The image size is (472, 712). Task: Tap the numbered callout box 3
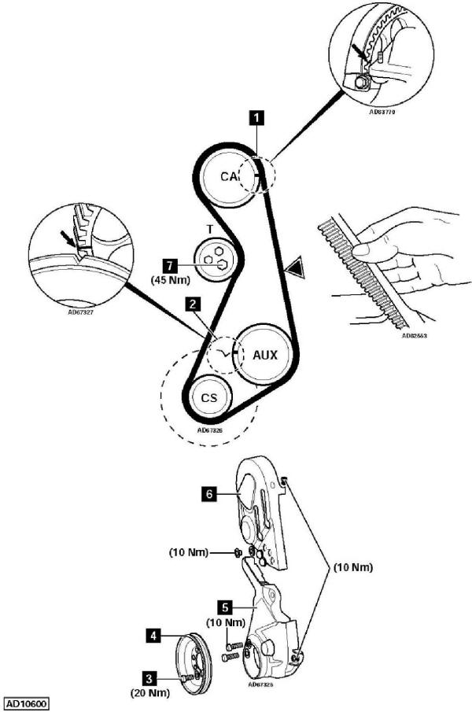(x=148, y=676)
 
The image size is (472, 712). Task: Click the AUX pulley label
(x=265, y=355)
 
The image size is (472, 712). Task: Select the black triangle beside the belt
(x=293, y=270)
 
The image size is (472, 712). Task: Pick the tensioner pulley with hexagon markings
(x=212, y=257)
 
